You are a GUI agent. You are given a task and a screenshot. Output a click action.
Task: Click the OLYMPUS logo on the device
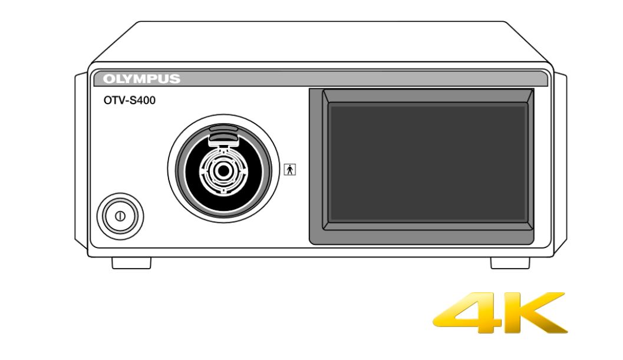(141, 79)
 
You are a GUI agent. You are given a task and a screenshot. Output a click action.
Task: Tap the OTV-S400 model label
(130, 101)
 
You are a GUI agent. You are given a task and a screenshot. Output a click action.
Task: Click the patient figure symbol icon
(290, 170)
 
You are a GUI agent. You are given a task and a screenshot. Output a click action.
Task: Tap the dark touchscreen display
(427, 163)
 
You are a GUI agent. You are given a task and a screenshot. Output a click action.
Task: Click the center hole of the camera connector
(224, 171)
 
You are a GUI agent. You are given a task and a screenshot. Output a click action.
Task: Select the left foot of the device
(131, 263)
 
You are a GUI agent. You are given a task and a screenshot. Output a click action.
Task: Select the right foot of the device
(510, 263)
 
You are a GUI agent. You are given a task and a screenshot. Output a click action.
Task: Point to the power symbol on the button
(120, 216)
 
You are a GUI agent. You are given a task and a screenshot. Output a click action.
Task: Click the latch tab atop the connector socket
(224, 133)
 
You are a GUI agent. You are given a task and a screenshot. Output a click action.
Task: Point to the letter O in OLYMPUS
(108, 79)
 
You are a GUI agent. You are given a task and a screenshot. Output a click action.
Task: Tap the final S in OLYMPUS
(175, 79)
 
